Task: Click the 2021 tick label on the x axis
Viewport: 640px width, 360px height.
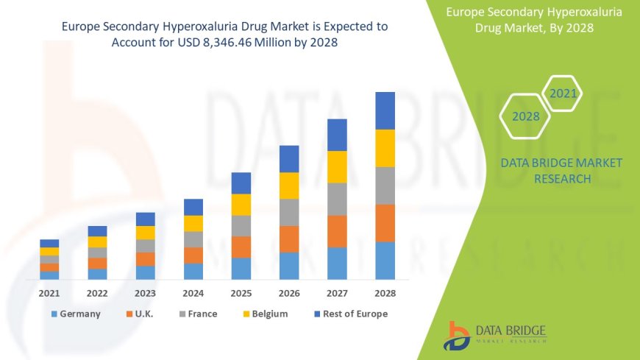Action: [49, 293]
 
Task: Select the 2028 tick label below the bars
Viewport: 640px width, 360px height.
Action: [385, 293]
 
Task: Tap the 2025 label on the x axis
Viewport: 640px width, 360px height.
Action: [241, 293]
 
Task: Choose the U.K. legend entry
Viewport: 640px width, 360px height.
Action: [144, 314]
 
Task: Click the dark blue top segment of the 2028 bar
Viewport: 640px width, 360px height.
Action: [385, 110]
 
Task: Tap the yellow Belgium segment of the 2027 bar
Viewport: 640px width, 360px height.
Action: [337, 166]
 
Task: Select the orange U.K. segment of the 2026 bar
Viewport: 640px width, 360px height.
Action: [289, 239]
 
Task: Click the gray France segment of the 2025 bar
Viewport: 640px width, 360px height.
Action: [241, 225]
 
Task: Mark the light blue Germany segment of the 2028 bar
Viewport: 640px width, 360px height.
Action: [385, 261]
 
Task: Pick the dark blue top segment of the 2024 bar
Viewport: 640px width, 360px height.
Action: [193, 207]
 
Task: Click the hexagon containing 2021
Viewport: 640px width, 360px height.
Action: [563, 93]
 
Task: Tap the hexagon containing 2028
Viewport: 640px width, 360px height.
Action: [525, 116]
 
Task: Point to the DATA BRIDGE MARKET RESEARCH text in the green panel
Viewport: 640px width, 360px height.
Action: [561, 170]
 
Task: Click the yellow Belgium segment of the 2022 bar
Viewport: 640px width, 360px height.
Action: [97, 241]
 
